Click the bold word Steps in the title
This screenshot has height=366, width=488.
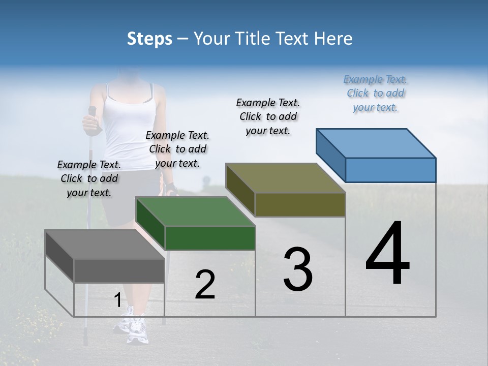point(149,39)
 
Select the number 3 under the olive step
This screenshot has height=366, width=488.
point(298,269)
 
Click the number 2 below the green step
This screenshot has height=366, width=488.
point(205,285)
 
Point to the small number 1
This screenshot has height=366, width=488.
point(117,300)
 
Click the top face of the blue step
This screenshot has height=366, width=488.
point(376,143)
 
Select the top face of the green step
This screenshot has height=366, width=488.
point(195,211)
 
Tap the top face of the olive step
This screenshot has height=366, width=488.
point(286,178)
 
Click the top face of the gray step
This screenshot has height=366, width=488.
point(105,245)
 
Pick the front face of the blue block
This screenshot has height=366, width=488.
point(390,170)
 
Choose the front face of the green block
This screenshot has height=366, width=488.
point(210,238)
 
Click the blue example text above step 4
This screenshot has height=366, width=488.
point(375,93)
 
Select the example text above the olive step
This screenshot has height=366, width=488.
point(268,116)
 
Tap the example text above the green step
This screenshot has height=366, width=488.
point(177,149)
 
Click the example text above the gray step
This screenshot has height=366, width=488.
point(89,178)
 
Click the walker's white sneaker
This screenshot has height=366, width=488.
point(135,330)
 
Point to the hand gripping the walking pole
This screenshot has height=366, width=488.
point(90,123)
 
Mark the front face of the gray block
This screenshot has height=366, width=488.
point(119,271)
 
